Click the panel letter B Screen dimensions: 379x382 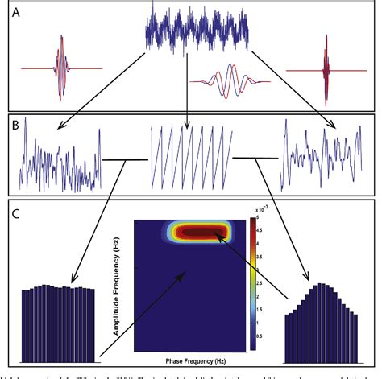click(17, 125)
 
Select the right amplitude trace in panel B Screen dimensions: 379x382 click(319, 157)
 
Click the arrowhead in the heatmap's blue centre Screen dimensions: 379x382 click(187, 275)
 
